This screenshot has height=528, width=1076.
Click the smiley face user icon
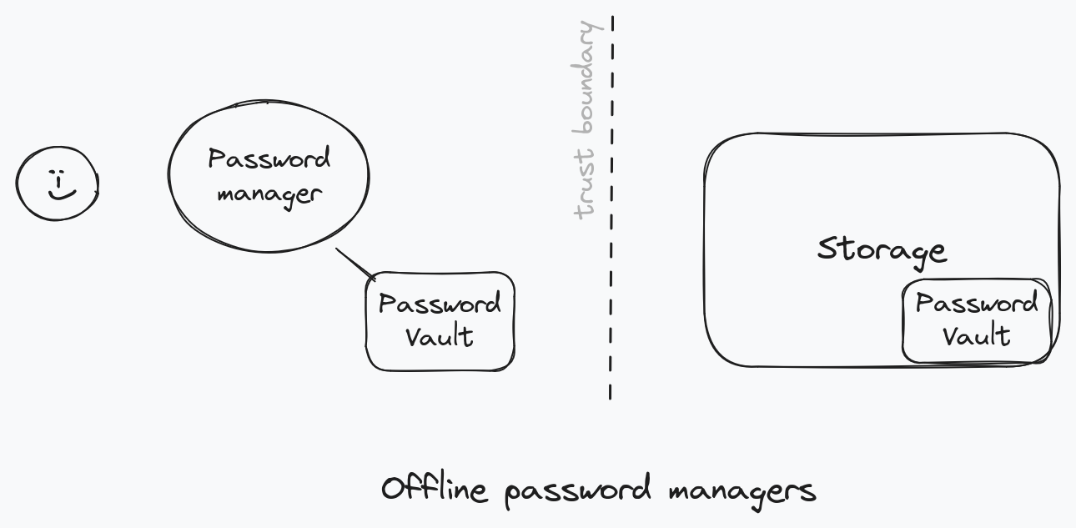click(x=57, y=184)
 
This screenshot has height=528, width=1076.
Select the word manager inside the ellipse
click(x=269, y=194)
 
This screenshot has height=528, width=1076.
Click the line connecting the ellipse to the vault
click(x=355, y=264)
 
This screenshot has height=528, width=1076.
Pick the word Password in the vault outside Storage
click(x=440, y=304)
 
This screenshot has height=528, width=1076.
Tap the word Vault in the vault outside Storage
click(x=440, y=337)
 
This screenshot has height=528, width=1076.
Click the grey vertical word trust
click(x=586, y=184)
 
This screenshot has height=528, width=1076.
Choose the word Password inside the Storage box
click(x=977, y=303)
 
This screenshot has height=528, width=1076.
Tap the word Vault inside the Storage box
click(x=977, y=335)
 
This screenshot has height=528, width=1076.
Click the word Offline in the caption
click(x=434, y=489)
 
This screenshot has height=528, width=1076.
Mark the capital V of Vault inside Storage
click(x=951, y=335)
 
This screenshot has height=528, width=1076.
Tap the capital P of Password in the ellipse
click(x=217, y=159)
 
